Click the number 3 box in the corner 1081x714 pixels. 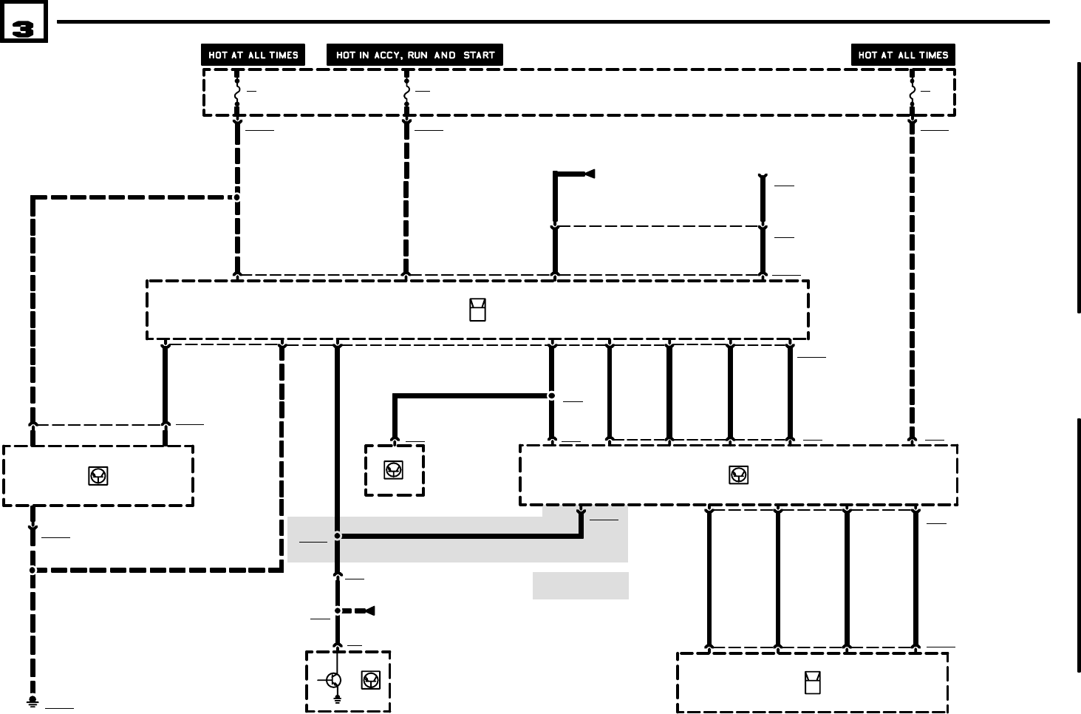coord(24,23)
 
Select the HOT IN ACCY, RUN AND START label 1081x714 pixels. coord(415,55)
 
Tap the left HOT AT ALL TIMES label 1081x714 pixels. coord(253,55)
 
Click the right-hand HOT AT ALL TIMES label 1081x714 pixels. coord(903,55)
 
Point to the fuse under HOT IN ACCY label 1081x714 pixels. coord(406,93)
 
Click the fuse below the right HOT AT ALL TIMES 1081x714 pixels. coord(913,93)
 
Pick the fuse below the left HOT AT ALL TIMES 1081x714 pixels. coord(237,93)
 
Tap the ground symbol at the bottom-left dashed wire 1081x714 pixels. coord(33,701)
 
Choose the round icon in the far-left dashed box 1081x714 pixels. coord(98,476)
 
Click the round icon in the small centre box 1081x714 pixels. coord(394,469)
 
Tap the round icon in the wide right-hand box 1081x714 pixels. coord(738,475)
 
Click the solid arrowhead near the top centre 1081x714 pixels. coord(590,174)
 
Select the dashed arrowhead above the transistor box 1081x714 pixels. coord(369,611)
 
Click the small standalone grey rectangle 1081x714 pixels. coord(581,585)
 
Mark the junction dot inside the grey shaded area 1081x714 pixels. coord(338,536)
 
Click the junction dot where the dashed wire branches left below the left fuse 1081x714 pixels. coord(237,197)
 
